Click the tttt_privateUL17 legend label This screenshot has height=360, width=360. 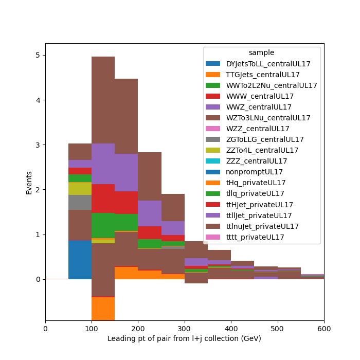point(255,237)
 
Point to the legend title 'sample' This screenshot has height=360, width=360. point(261,52)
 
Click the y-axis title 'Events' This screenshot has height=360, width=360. point(29,183)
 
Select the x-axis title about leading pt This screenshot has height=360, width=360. point(184,338)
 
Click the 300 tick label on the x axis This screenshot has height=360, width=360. point(184,329)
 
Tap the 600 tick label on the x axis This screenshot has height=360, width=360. point(324,329)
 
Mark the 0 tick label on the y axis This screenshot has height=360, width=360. point(38,279)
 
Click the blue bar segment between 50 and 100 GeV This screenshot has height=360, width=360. point(80,259)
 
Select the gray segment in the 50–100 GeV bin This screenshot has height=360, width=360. point(80,202)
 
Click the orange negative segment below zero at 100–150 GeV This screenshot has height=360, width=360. point(103,309)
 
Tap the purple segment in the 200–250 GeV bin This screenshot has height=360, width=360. point(150,213)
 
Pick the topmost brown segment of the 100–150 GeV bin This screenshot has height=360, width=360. point(103,100)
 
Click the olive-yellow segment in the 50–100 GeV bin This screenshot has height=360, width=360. point(80,189)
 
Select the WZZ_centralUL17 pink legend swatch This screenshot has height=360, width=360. point(213,129)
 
